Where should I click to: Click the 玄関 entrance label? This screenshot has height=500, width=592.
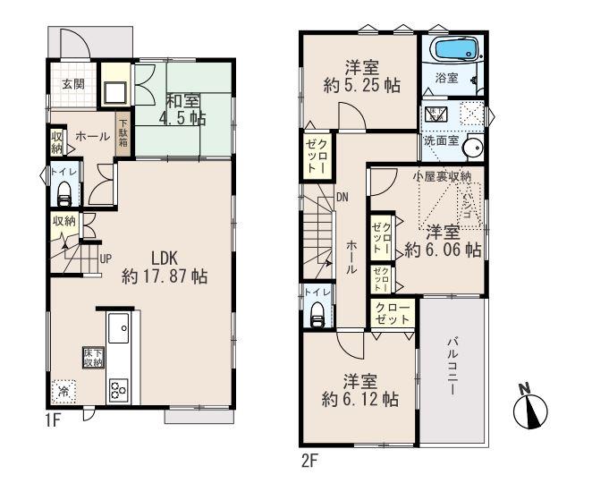pyautogui.click(x=73, y=86)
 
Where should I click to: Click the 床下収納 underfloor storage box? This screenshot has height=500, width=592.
pyautogui.click(x=92, y=359)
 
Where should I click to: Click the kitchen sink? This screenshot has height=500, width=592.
pyautogui.click(x=118, y=332)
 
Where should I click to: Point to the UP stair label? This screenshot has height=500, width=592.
pyautogui.click(x=106, y=259)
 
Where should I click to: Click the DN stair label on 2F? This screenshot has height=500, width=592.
pyautogui.click(x=342, y=199)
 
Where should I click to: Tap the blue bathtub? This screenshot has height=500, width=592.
pyautogui.click(x=455, y=50)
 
